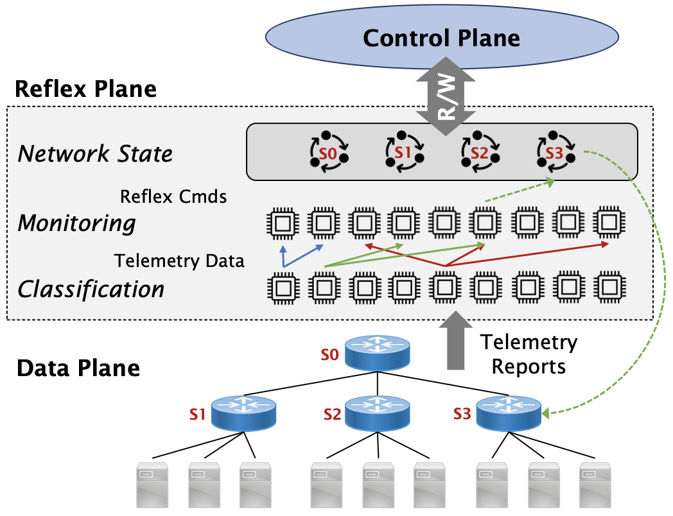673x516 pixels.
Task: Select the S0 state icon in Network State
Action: pyautogui.click(x=329, y=153)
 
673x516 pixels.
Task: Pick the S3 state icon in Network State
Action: pyautogui.click(x=554, y=153)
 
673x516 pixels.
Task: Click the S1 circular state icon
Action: pyautogui.click(x=403, y=153)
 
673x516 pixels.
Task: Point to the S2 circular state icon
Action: pyautogui.click(x=478, y=153)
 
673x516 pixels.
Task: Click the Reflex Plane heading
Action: pyautogui.click(x=85, y=89)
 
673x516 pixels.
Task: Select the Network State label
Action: pyautogui.click(x=95, y=154)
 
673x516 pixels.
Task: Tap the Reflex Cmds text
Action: pyautogui.click(x=173, y=196)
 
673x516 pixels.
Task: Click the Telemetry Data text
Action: pyautogui.click(x=179, y=261)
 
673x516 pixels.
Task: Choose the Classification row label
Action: pyautogui.click(x=91, y=289)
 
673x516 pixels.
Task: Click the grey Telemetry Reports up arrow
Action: pyautogui.click(x=455, y=340)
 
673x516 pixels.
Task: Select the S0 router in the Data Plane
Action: pyautogui.click(x=377, y=352)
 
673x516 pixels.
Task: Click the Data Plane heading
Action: pyautogui.click(x=78, y=368)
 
